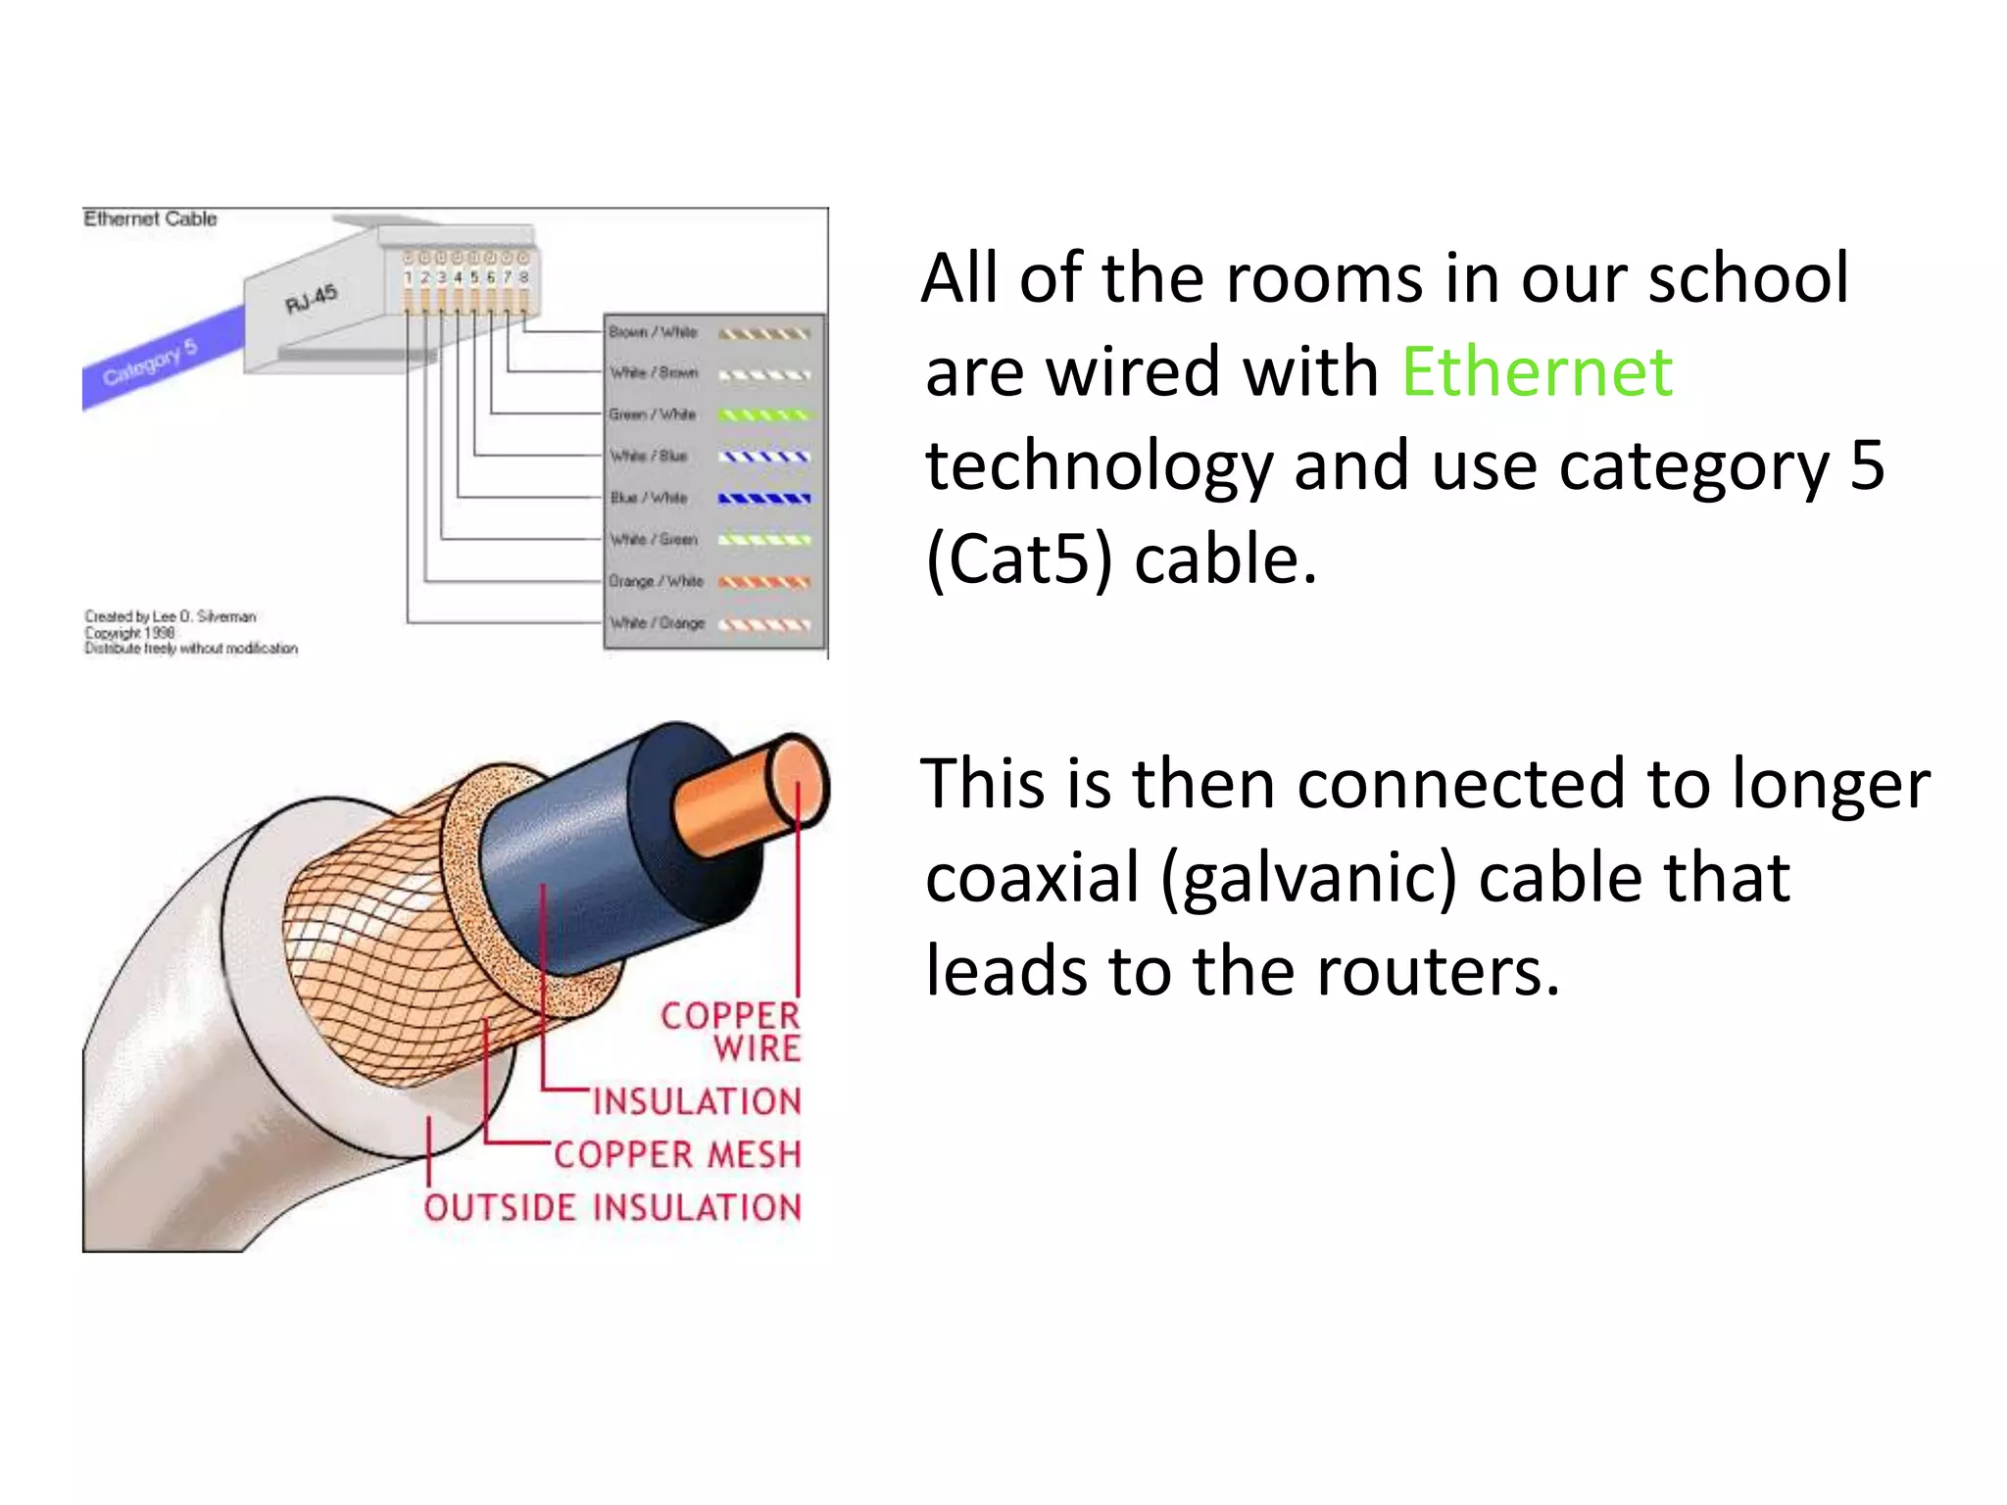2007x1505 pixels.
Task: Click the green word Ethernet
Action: (1536, 372)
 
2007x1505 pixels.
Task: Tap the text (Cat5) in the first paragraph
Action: (1019, 559)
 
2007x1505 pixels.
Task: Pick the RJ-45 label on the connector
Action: (311, 299)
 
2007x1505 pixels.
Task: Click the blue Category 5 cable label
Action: (150, 362)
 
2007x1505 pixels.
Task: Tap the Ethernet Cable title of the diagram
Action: (150, 218)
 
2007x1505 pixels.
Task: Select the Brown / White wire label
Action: (653, 332)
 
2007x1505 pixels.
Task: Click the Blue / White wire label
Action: (649, 498)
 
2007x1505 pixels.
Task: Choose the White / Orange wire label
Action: (657, 623)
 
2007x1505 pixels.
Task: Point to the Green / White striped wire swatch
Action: (764, 415)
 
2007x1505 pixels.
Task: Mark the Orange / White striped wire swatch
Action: (764, 582)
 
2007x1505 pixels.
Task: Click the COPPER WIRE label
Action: (731, 1032)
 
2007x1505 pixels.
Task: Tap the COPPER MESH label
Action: (677, 1154)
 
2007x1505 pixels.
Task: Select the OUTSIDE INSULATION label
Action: (612, 1207)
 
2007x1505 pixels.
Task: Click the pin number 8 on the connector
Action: (524, 277)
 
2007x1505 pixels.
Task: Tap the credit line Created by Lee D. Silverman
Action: (171, 616)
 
